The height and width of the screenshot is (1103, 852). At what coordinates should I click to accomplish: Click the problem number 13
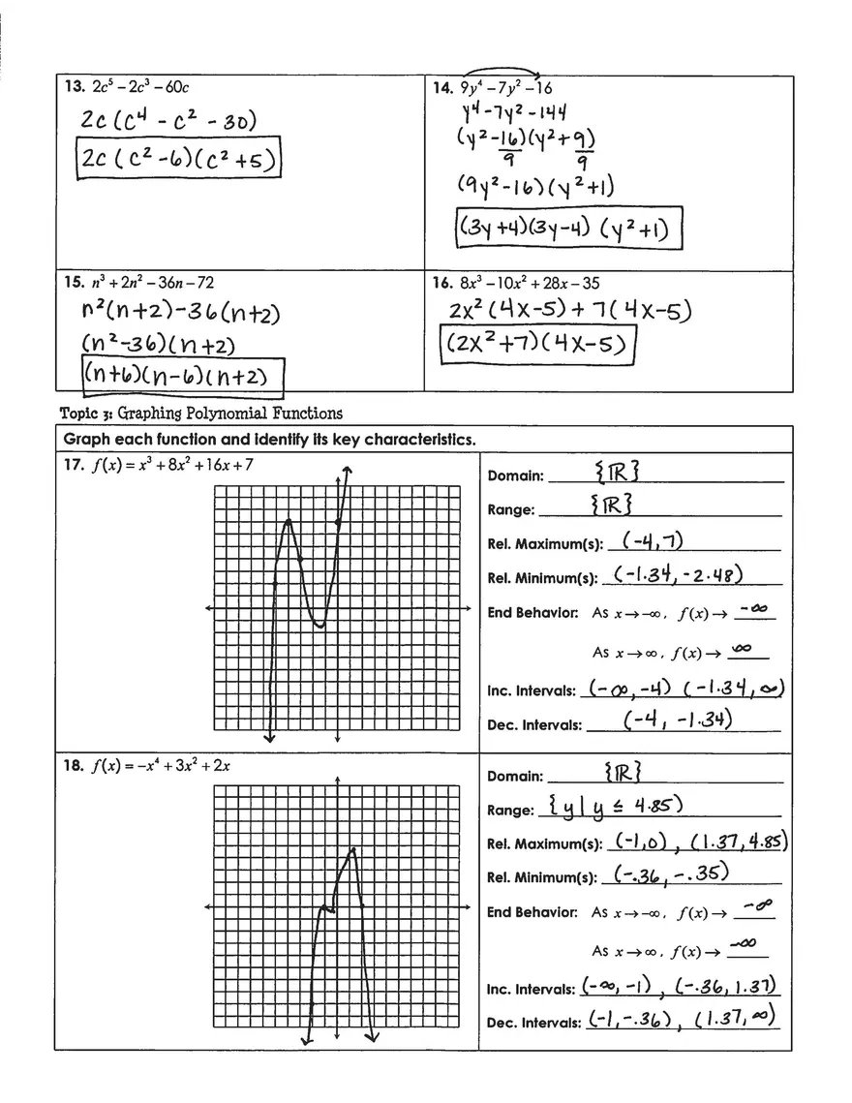(x=74, y=87)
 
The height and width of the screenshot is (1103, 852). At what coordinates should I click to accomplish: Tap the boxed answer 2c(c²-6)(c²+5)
(x=178, y=160)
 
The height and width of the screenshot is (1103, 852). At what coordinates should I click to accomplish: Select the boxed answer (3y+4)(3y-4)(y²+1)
(x=568, y=230)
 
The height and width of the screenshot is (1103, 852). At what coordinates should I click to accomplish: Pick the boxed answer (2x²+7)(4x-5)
(x=537, y=346)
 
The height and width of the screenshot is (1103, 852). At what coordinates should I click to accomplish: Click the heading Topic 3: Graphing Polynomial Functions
(x=201, y=414)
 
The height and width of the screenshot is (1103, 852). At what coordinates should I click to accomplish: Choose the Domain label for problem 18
(x=514, y=776)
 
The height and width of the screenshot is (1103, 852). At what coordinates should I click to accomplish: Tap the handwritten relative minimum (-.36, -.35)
(x=672, y=874)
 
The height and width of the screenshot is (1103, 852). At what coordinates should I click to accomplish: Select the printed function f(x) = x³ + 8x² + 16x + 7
(x=172, y=465)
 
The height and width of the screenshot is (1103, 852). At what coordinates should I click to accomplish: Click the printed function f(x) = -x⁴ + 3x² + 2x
(x=161, y=766)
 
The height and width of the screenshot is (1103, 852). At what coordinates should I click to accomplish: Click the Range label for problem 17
(x=511, y=510)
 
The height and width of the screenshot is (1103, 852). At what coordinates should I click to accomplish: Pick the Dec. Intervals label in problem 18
(x=533, y=1023)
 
